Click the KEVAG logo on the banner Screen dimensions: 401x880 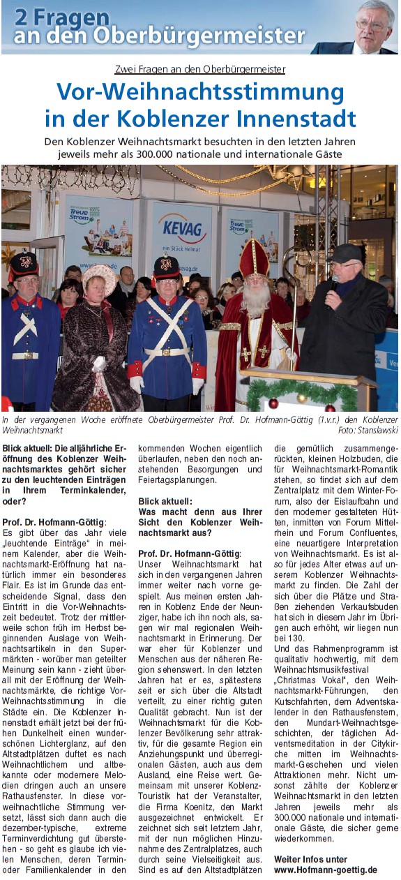pyautogui.click(x=182, y=228)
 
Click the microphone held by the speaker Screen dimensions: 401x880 pyautogui.click(x=333, y=283)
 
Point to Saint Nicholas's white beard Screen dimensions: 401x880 pyautogui.click(x=256, y=301)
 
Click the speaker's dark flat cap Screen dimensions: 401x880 pyautogui.click(x=347, y=252)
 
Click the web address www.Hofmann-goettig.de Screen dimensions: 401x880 pyautogui.click(x=326, y=870)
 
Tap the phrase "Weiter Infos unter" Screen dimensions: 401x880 pyautogui.click(x=310, y=859)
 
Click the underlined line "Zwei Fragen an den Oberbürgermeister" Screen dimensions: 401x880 pyautogui.click(x=200, y=69)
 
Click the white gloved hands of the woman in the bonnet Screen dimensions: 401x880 pyautogui.click(x=100, y=363)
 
